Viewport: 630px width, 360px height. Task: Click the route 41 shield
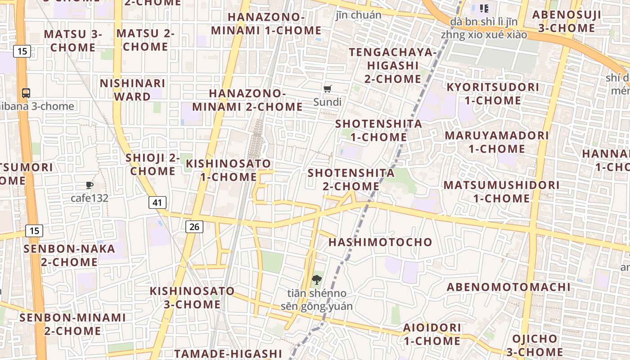(157, 202)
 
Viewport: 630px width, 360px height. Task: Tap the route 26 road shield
(194, 226)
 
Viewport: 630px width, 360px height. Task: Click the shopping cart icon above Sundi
(328, 89)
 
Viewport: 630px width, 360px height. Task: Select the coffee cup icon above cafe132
(89, 185)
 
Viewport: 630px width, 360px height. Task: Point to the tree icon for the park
(317, 280)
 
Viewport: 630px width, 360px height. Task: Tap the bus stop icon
(26, 93)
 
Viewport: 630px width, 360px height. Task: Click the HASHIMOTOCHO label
(380, 242)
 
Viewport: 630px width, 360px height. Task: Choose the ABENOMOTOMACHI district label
(508, 287)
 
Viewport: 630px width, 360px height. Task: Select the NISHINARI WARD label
(132, 90)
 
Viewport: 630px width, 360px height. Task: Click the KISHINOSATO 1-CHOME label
(229, 170)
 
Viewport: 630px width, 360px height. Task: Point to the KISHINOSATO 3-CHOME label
(192, 298)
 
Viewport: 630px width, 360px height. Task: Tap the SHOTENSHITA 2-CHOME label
(351, 180)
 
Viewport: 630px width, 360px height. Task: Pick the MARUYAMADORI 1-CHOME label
(497, 142)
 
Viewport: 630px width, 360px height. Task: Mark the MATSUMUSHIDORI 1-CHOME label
(502, 192)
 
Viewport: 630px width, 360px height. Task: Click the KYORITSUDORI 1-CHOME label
(493, 94)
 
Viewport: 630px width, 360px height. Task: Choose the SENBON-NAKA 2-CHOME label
(69, 255)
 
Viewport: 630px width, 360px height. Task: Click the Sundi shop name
(328, 102)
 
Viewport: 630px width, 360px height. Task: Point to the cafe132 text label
(90, 198)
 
